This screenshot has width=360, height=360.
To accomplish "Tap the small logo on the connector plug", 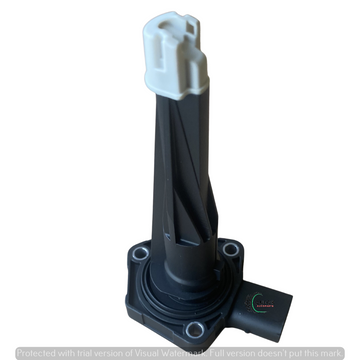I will click(x=266, y=300).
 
